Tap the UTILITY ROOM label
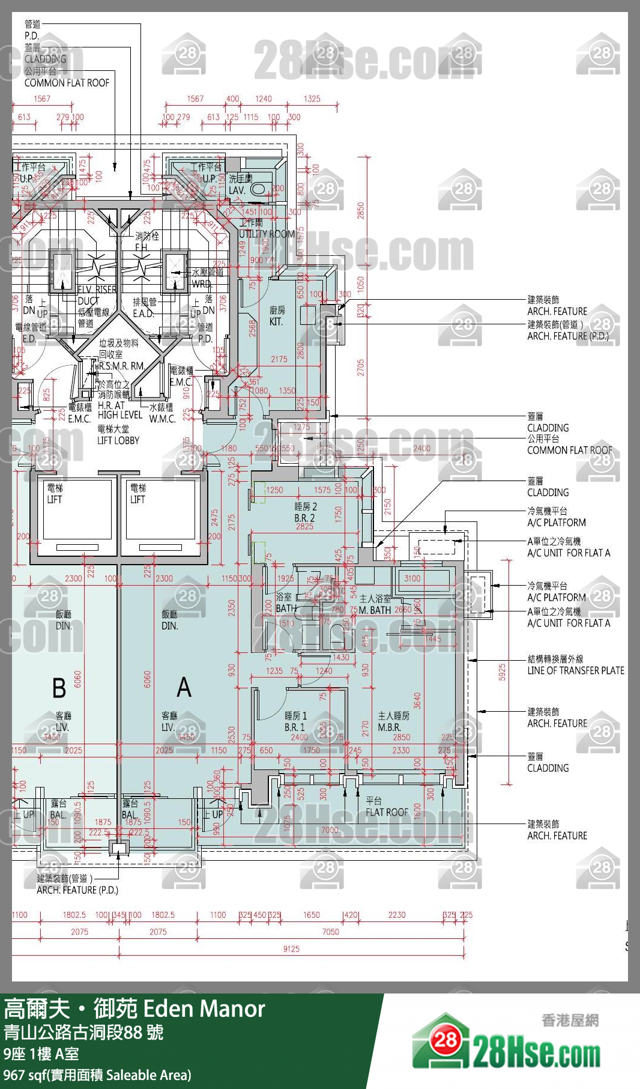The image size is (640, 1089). pos(267,234)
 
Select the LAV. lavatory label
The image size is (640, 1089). pos(237,190)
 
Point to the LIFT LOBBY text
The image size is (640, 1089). pos(118,440)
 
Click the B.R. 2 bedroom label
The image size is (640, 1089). pos(304,517)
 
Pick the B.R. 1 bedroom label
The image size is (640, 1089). pos(295,727)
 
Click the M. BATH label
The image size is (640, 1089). pos(375,610)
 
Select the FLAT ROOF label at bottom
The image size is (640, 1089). pos(387,812)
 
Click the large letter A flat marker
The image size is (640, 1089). pos(184,687)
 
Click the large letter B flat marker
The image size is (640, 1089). pos(59,688)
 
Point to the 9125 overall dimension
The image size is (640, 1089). pos(291,948)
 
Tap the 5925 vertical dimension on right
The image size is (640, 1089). pos(503,672)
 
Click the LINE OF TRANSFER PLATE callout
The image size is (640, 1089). pos(575,670)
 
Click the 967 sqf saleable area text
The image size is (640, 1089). pos(97,1075)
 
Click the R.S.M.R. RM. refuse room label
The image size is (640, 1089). pos(122,366)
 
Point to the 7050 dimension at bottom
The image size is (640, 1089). pos(331,932)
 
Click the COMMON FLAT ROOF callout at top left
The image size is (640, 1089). pos(67,83)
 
